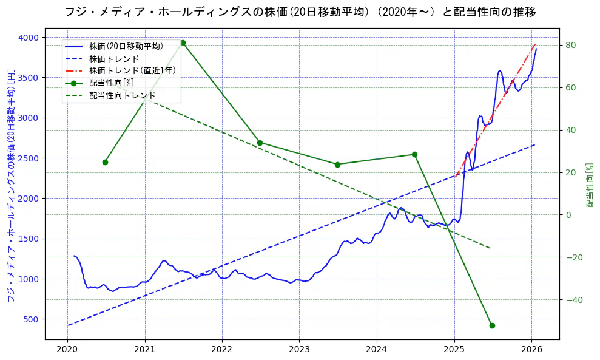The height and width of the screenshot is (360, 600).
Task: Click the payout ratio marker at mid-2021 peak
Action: (183, 42)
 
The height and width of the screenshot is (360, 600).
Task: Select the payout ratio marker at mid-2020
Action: (105, 162)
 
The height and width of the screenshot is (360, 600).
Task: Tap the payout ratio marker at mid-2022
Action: (260, 143)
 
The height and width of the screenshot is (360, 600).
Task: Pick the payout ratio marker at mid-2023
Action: (337, 165)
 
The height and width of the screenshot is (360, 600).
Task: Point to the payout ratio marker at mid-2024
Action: (414, 154)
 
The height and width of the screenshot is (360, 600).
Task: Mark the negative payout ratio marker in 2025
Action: (492, 325)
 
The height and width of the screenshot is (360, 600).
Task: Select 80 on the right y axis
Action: (571, 45)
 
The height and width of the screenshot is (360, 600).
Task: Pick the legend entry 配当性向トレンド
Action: (122, 95)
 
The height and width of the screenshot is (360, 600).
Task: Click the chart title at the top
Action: (300, 12)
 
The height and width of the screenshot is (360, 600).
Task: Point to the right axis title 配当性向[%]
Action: (589, 185)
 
